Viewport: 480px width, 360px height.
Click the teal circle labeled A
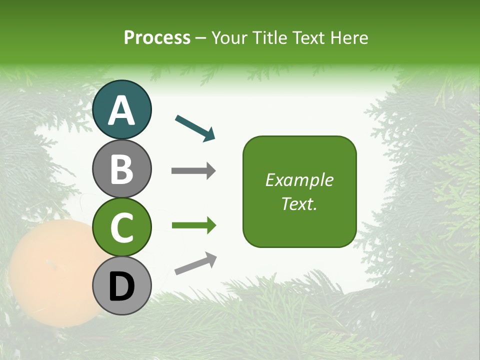(121, 109)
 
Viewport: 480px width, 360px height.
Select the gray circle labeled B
(121, 168)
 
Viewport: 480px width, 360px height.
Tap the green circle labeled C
(121, 227)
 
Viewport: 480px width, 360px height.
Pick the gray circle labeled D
(121, 286)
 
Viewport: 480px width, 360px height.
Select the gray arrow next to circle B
(193, 171)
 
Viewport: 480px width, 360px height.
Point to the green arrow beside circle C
(194, 225)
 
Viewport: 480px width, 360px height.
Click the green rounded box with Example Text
(299, 191)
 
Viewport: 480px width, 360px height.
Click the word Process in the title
(157, 38)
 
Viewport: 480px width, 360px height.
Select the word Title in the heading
(268, 38)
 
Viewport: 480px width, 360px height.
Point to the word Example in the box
(299, 180)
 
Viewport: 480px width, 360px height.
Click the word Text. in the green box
(299, 204)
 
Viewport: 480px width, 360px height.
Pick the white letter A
(121, 110)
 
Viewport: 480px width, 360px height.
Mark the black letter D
(121, 287)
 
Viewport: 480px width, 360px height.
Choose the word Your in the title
(229, 38)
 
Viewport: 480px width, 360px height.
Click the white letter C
(121, 228)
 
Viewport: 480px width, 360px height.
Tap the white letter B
(121, 169)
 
